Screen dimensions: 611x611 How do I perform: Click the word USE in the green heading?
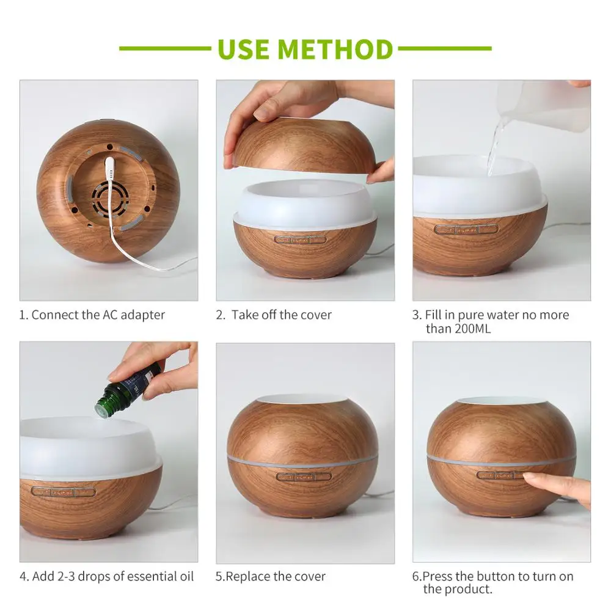tap(243, 49)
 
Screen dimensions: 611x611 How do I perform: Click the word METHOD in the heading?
tap(335, 49)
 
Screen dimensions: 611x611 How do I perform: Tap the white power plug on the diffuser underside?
tap(110, 169)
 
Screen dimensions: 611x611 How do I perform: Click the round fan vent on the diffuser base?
tap(110, 198)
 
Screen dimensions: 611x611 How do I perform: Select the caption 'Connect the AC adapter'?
tap(98, 315)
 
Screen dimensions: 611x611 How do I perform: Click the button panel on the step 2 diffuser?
tap(300, 240)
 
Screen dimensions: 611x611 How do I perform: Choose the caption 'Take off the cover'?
tap(281, 315)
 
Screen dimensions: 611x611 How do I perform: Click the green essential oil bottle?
tap(127, 390)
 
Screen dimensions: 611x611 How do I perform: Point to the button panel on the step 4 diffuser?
tap(64, 492)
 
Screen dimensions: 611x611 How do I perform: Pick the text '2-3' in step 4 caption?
tap(66, 576)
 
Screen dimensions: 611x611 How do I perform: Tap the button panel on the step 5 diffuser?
tap(304, 477)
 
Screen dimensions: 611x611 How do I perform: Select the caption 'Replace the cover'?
tap(276, 576)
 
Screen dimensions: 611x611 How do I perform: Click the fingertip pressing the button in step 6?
tap(529, 476)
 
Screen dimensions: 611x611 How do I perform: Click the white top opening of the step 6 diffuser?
tap(502, 401)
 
